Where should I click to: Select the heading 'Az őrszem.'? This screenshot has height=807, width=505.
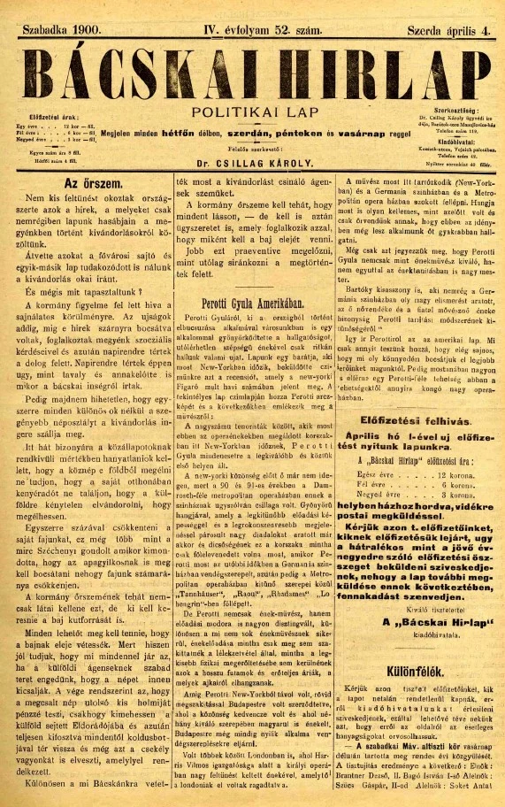(87, 184)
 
